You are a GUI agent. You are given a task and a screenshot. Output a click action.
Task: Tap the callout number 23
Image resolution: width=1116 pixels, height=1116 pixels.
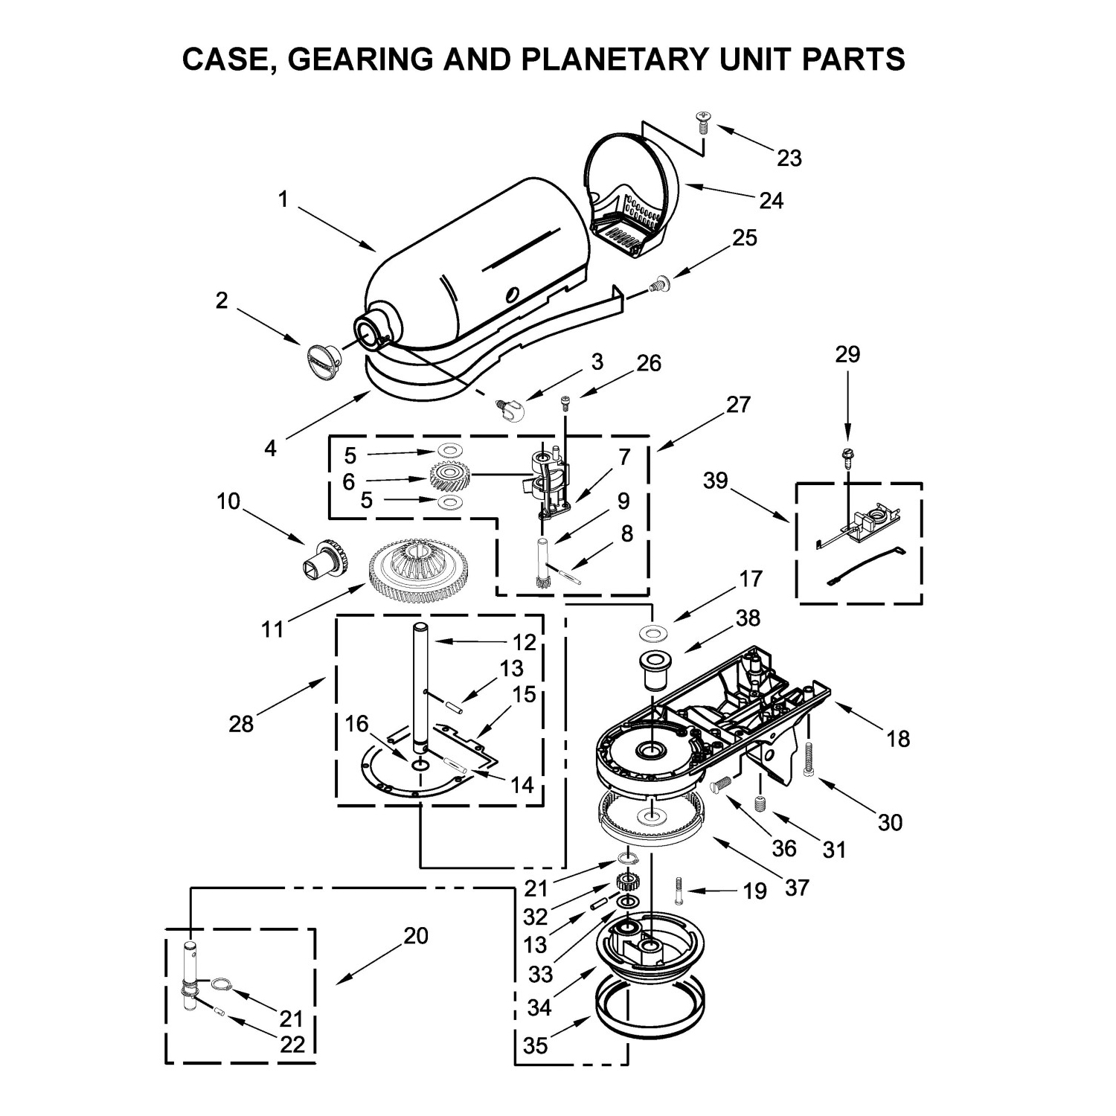pyautogui.click(x=789, y=158)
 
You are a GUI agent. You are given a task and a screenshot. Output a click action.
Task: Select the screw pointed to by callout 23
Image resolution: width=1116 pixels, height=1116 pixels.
pyautogui.click(x=702, y=121)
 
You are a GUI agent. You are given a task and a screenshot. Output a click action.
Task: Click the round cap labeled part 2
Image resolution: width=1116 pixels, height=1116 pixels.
pyautogui.click(x=321, y=357)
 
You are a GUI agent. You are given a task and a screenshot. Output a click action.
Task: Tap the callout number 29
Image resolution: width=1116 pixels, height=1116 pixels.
pyautogui.click(x=847, y=354)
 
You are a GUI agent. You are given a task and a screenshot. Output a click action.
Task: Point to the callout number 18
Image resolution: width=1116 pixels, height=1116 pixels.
pyautogui.click(x=898, y=738)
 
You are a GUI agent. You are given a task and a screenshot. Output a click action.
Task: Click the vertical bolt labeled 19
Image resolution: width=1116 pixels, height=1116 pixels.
pyautogui.click(x=679, y=889)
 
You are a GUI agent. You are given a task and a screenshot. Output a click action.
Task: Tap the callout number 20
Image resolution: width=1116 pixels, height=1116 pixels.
pyautogui.click(x=416, y=935)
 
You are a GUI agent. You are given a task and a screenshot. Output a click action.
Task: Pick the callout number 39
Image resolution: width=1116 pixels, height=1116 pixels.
pyautogui.click(x=715, y=481)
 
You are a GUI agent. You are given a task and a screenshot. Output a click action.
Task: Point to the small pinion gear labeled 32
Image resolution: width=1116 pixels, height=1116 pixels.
pyautogui.click(x=629, y=883)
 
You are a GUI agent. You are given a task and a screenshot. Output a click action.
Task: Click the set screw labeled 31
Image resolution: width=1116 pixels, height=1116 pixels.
pyautogui.click(x=760, y=804)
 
